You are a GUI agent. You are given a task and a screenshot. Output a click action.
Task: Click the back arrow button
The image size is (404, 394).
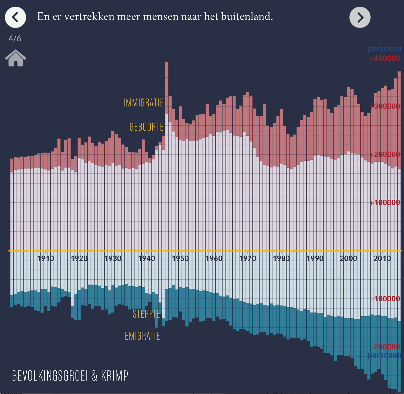tap(16, 17)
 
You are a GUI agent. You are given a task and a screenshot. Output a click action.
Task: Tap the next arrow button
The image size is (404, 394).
tap(360, 17)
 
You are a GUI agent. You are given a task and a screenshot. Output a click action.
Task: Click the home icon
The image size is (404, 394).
tap(16, 58)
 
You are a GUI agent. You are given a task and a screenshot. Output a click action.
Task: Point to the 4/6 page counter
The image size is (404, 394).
tap(15, 38)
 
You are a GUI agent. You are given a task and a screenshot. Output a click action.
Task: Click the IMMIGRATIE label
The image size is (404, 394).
tap(143, 103)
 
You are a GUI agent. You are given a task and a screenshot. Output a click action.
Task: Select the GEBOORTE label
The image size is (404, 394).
tap(146, 127)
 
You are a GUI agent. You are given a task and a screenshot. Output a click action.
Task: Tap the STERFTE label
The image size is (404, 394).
tap(146, 314)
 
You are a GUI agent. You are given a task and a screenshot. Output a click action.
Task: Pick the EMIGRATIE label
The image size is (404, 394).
tap(142, 336)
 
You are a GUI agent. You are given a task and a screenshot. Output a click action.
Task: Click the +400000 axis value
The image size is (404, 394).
tap(385, 58)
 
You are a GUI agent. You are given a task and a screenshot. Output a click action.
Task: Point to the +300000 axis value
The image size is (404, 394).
tap(385, 106)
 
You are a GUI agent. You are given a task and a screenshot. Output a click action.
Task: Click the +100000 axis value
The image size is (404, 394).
tap(385, 203)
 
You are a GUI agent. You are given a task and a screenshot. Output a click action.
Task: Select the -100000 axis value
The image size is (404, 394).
tap(386, 299)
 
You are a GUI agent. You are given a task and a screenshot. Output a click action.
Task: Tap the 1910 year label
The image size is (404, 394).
tap(46, 259)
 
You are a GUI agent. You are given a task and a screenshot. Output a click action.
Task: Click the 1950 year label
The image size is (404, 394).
tap(180, 259)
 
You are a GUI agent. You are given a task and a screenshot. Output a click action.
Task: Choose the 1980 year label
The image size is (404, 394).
tap(281, 259)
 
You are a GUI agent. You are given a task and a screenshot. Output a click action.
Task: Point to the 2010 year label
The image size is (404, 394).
tap(382, 259)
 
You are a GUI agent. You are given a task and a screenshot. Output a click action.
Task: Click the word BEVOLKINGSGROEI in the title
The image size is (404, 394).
tap(50, 376)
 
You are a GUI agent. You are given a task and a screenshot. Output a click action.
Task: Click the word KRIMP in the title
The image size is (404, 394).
tap(115, 376)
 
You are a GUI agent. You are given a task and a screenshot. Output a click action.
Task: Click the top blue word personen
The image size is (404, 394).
tap(384, 49)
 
